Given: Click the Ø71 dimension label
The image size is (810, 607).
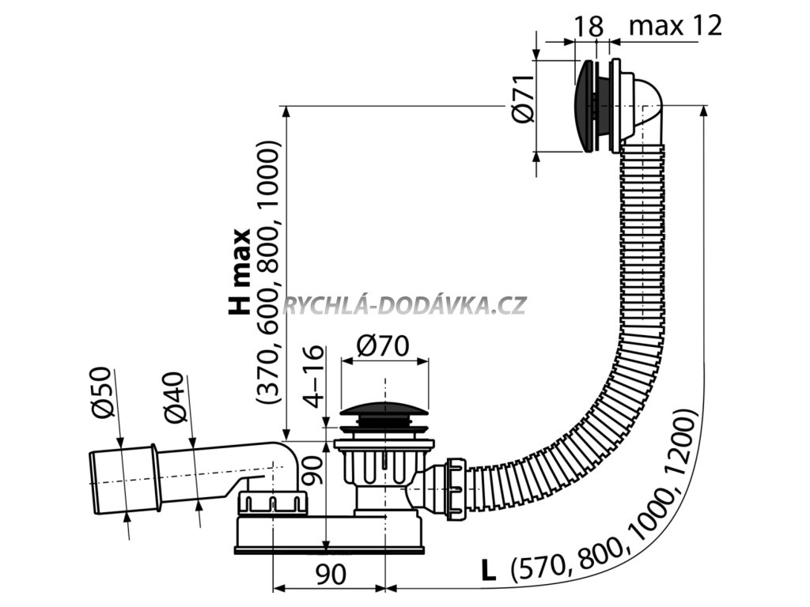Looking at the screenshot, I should point(522,105).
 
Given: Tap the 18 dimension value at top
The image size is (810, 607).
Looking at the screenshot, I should point(588,26).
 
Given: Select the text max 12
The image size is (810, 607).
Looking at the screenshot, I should point(675,26).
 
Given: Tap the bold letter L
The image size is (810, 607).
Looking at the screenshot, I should point(490,570).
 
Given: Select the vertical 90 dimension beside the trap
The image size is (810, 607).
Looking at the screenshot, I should point(311,471).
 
